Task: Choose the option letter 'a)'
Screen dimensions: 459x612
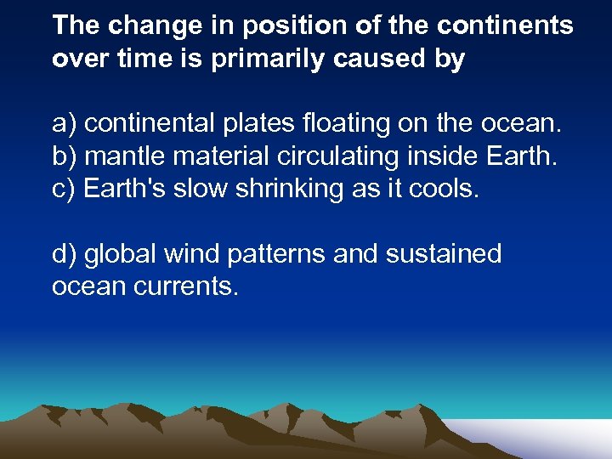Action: (65, 124)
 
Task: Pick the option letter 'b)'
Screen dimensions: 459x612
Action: (65, 156)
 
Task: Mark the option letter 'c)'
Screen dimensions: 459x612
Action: (65, 189)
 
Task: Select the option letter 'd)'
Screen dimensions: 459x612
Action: (65, 253)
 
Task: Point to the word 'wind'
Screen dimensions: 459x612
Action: (191, 253)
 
